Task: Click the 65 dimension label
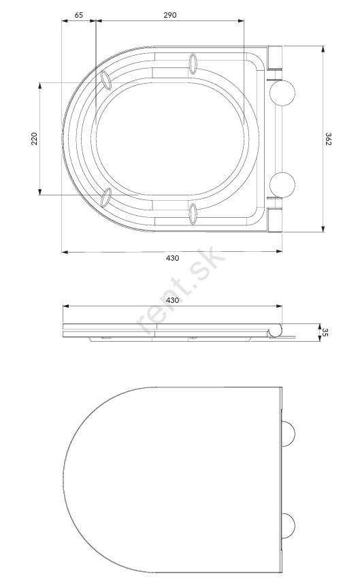click(x=79, y=15)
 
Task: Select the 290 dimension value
click(x=170, y=15)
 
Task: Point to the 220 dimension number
click(x=35, y=138)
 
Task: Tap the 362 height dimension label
click(x=328, y=139)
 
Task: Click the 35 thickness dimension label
click(x=325, y=332)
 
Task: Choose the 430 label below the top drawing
click(x=172, y=258)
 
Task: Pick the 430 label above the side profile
click(x=172, y=300)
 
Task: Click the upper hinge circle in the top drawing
click(x=282, y=93)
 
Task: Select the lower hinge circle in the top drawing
click(x=282, y=185)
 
